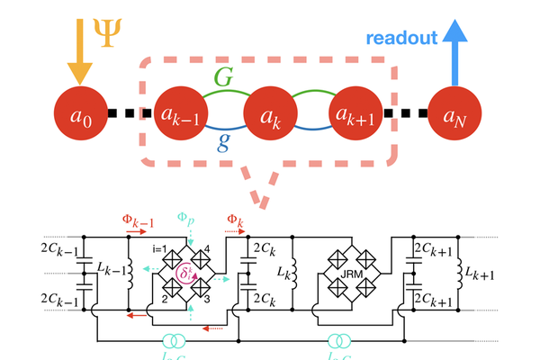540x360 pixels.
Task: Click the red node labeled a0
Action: click(x=84, y=115)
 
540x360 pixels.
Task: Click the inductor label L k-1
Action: click(x=108, y=270)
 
